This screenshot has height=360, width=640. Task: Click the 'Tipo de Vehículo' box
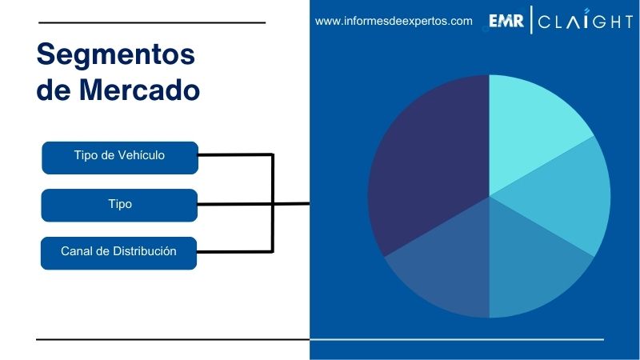[x=119, y=156]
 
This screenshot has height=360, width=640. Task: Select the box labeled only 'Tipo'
[x=119, y=204]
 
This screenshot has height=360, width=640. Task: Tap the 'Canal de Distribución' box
[x=119, y=252]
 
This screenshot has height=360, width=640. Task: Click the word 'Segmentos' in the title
[x=116, y=54]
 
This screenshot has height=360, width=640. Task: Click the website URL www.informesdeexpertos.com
[x=394, y=22]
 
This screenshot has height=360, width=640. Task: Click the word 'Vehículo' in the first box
[x=142, y=155]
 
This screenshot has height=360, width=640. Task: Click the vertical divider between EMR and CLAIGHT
[x=531, y=22]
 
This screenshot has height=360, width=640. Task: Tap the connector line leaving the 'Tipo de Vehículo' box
[x=236, y=154]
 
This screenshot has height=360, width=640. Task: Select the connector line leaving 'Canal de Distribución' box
[x=236, y=253]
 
